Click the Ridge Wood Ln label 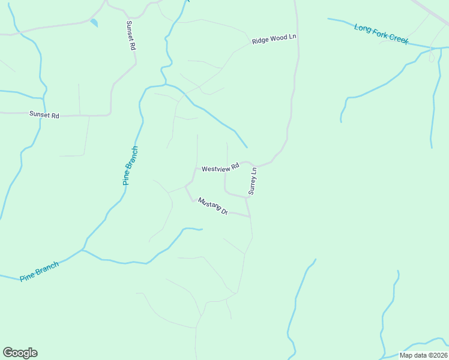tap(274, 39)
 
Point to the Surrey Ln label tap(253, 181)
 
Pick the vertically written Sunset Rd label tap(130, 35)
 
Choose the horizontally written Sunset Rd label tap(44, 114)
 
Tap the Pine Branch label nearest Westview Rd tap(131, 166)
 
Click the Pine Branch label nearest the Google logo tap(39, 271)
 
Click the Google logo tap(20, 353)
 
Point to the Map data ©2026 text tap(423, 355)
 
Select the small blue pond tap(94, 23)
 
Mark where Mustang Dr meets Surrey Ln tap(249, 216)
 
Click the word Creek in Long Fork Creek tap(397, 39)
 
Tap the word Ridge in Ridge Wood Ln tap(261, 41)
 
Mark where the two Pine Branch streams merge tap(83, 250)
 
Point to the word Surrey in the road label tap(252, 184)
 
